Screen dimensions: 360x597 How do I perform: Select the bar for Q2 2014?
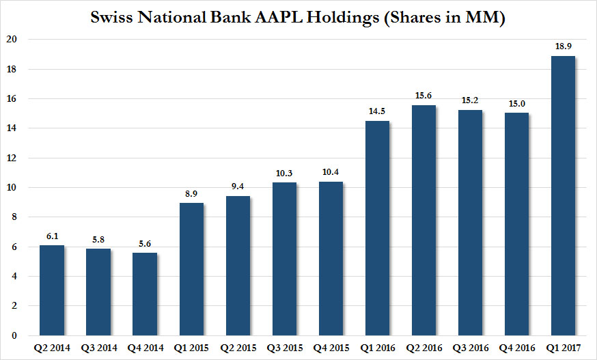click(52, 290)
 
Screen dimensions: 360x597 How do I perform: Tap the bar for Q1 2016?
click(377, 228)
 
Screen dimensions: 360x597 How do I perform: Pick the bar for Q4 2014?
click(145, 294)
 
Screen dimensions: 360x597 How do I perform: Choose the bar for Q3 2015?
click(284, 259)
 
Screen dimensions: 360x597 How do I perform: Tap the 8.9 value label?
click(191, 193)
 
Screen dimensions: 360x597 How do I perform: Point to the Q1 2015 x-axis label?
click(191, 347)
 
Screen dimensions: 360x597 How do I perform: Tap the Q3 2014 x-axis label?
click(98, 347)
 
